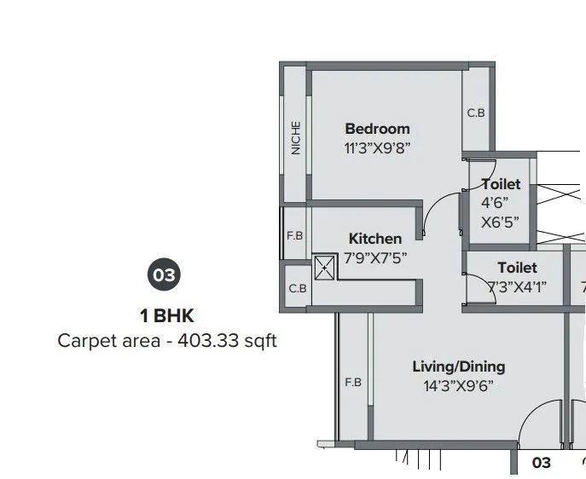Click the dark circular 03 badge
tap(165, 275)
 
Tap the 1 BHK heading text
tap(167, 316)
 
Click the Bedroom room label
tap(377, 129)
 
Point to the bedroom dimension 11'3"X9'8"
tap(377, 147)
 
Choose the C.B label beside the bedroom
tap(476, 113)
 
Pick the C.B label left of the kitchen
tap(297, 289)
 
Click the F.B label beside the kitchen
tap(293, 235)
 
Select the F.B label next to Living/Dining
tap(353, 383)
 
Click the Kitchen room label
tap(374, 239)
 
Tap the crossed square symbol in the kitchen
tap(325, 267)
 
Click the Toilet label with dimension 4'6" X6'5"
tap(501, 184)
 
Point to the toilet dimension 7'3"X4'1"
tap(516, 286)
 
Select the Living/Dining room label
tap(458, 366)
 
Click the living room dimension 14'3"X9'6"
tap(458, 385)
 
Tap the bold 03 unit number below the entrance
tap(542, 463)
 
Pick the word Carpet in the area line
tap(84, 341)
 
